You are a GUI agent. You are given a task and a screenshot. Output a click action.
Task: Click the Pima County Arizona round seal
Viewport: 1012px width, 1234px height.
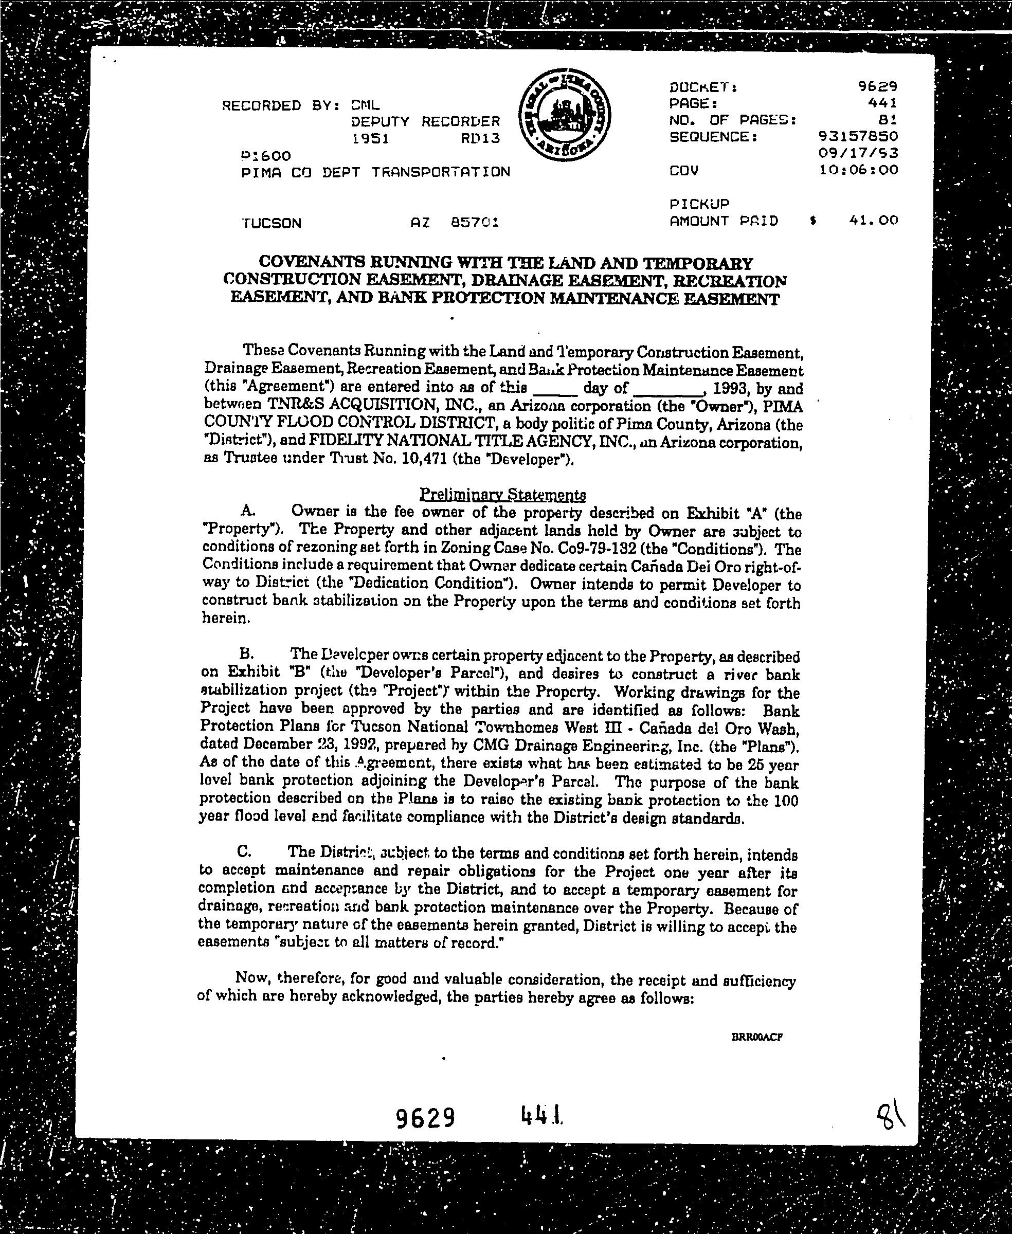click(564, 117)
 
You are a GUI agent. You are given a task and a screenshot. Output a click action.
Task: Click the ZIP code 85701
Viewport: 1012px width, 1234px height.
click(475, 222)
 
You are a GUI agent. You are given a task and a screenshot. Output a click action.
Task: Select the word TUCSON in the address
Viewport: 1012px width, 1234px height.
click(271, 223)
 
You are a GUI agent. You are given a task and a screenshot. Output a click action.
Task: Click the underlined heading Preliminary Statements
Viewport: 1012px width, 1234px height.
click(502, 495)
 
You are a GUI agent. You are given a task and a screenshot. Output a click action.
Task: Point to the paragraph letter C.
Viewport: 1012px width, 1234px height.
click(245, 851)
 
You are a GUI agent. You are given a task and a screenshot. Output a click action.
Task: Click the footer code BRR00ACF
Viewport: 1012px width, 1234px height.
click(756, 1037)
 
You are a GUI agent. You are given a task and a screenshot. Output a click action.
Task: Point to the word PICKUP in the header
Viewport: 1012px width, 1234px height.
click(699, 204)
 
